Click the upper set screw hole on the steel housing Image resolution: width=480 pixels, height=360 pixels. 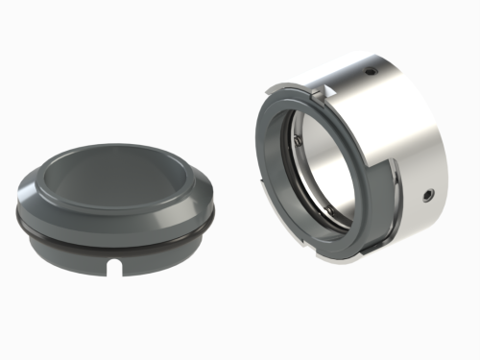click(369, 71)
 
